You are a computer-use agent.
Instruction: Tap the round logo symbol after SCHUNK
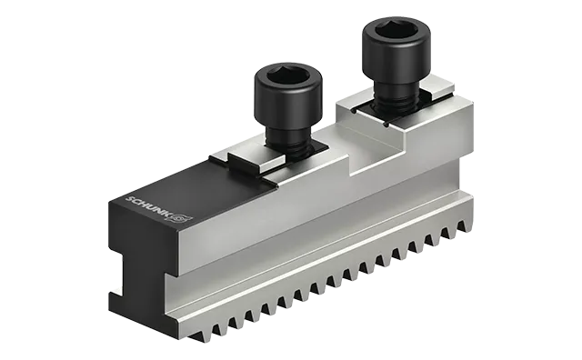[186, 218]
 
